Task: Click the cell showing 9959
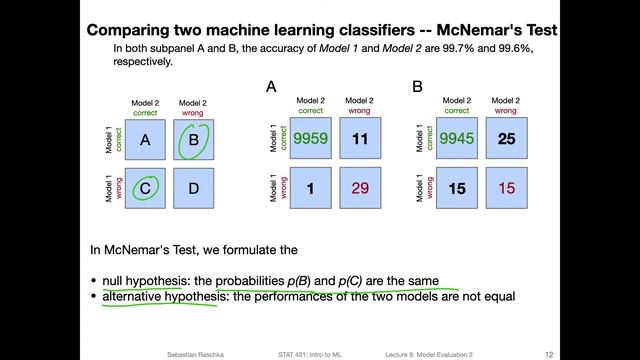[311, 140]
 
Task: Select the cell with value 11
[361, 140]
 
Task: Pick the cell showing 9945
[458, 140]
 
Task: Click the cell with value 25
[507, 140]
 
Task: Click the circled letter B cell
[194, 140]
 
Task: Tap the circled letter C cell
[145, 188]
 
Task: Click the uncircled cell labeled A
[145, 141]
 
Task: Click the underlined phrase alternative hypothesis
[160, 297]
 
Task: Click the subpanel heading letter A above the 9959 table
[271, 87]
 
